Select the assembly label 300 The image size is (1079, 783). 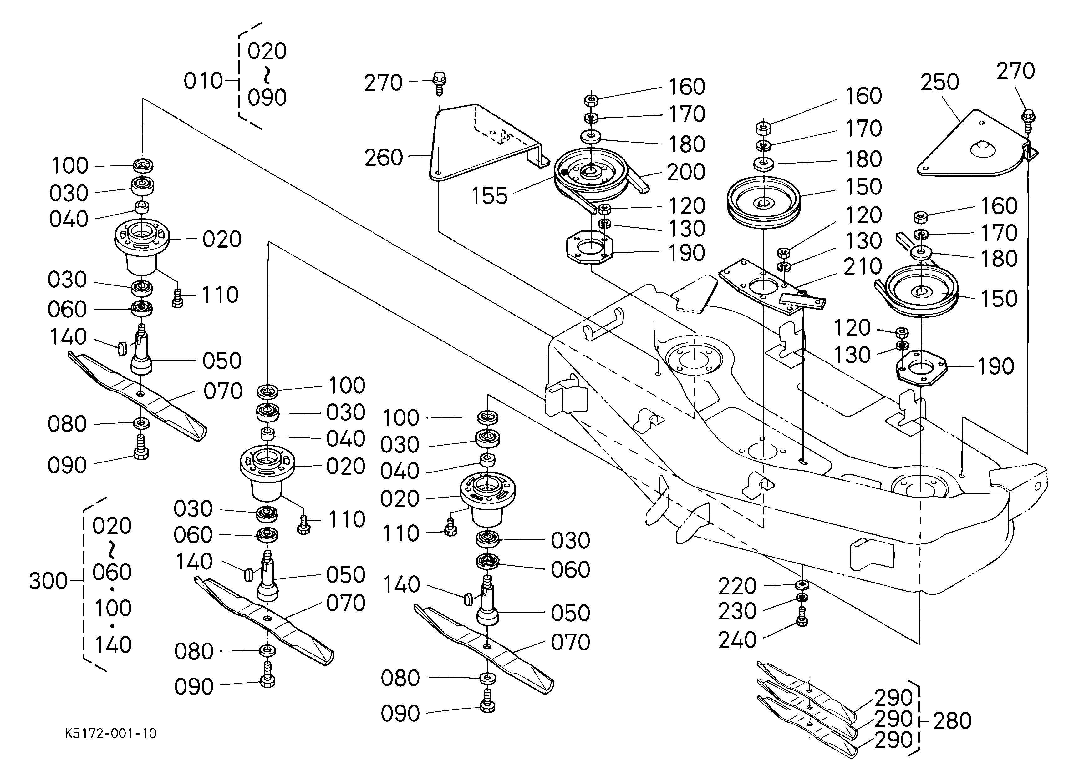pyautogui.click(x=48, y=581)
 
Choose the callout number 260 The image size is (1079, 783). pyautogui.click(x=384, y=157)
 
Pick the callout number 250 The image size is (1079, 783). pyautogui.click(x=939, y=82)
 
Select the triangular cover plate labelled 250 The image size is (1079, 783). pyautogui.click(x=975, y=143)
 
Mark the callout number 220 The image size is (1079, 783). pyautogui.click(x=737, y=587)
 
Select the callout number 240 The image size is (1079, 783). pyautogui.click(x=737, y=640)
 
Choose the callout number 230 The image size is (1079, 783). pyautogui.click(x=737, y=611)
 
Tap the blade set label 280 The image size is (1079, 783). pyautogui.click(x=952, y=721)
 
